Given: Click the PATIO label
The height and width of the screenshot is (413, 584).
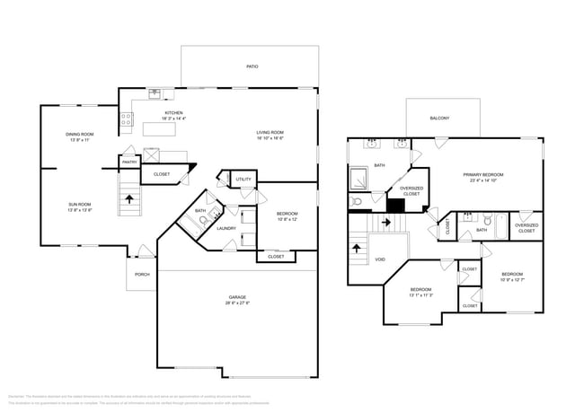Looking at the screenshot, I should tap(252, 66).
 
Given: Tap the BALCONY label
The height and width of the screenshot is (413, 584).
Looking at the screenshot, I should tap(439, 118).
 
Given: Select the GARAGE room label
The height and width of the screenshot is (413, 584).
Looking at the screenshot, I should tap(237, 297).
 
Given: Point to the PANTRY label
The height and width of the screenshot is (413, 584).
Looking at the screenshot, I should tap(130, 163).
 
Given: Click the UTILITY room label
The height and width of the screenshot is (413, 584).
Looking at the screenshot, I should tap(243, 180).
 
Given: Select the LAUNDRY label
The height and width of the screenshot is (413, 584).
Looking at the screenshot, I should tap(226, 228).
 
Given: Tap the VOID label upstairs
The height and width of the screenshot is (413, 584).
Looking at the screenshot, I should tap(380, 259).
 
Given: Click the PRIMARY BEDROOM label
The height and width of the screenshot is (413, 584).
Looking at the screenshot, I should tap(482, 174).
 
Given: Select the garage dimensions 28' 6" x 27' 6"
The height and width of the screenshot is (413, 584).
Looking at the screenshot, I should tap(237, 303).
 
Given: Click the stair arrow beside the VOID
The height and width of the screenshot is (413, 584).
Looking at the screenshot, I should tap(358, 245).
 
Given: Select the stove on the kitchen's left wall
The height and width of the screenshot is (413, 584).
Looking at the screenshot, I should tap(127, 117).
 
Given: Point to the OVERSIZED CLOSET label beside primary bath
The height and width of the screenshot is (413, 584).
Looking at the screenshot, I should tap(411, 190).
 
